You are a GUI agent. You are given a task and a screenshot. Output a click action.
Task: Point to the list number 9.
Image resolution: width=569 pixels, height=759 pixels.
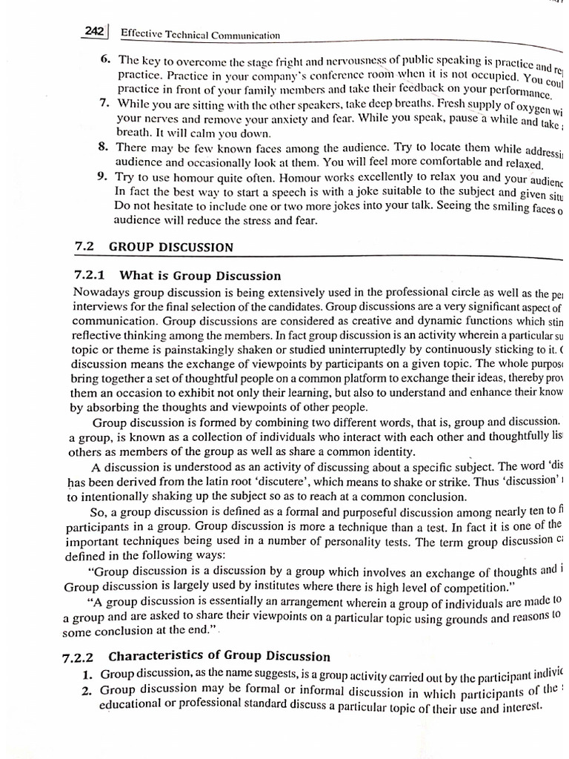102,176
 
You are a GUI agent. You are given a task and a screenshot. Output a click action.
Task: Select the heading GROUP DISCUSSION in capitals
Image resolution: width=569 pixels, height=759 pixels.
171,248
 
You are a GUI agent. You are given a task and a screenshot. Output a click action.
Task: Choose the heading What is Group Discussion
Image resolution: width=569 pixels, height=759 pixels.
200,276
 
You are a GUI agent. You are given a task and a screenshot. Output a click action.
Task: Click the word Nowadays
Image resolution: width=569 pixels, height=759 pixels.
101,293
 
